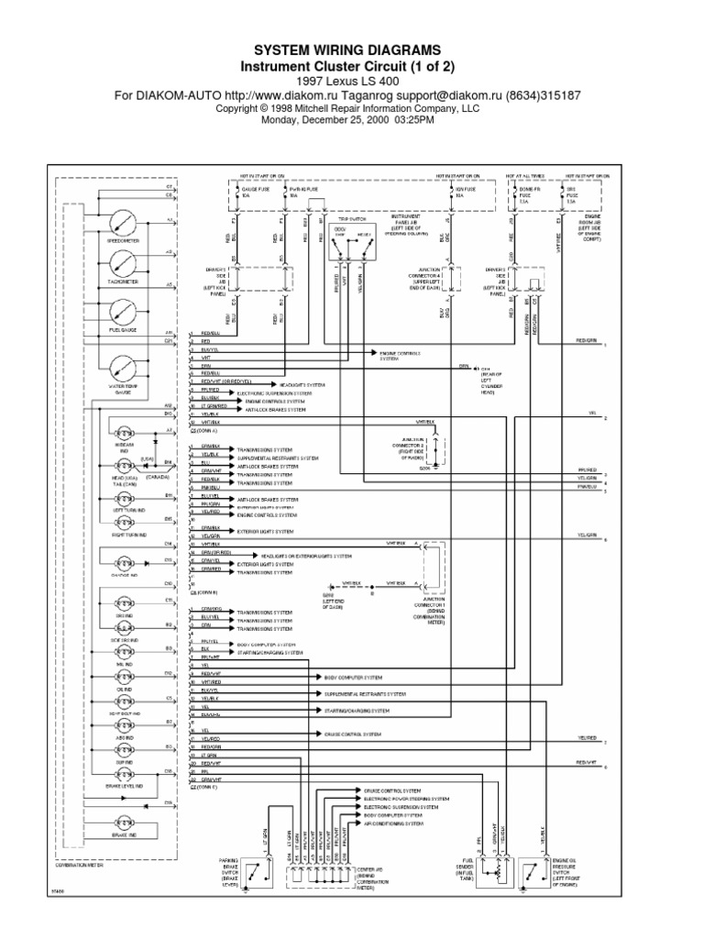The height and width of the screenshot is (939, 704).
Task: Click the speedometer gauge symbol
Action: (122, 224)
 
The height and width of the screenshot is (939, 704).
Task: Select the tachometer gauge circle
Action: (122, 265)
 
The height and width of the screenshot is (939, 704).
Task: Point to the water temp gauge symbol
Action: (122, 370)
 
